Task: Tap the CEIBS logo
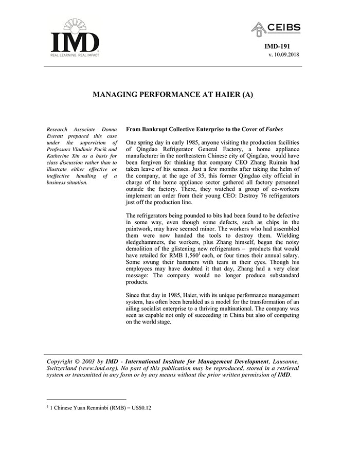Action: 276,29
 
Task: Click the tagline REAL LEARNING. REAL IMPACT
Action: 75,55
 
